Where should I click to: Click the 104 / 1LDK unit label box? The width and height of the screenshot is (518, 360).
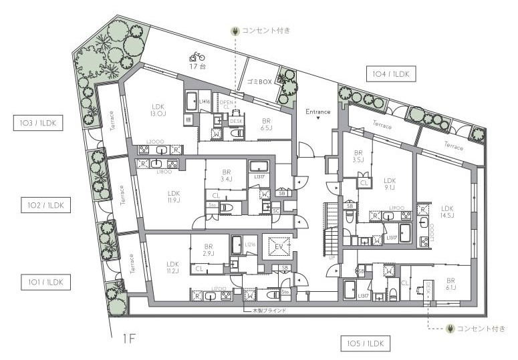click(391, 74)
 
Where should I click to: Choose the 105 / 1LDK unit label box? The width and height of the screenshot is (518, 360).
click(365, 344)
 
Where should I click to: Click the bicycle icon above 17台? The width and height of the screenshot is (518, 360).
click(197, 57)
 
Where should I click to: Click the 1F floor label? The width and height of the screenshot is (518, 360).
click(130, 339)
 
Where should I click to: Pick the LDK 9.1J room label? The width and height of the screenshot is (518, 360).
click(390, 184)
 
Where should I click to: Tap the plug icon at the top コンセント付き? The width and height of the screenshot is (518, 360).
click(235, 31)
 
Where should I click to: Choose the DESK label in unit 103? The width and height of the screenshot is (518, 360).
click(235, 121)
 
